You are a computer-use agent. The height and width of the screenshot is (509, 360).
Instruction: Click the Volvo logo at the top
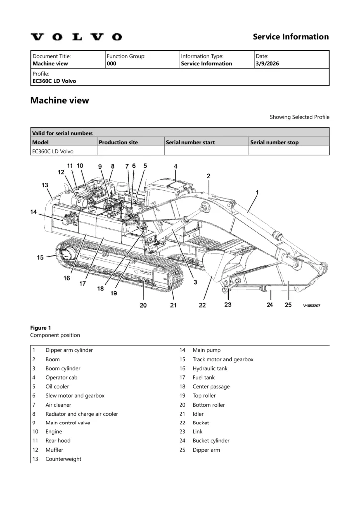[76, 37]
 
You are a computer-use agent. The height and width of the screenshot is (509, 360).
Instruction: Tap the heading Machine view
[60, 100]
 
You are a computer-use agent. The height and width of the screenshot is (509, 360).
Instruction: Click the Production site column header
[118, 142]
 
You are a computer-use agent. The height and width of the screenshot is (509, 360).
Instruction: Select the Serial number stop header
[274, 142]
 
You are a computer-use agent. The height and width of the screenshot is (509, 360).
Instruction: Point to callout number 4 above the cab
[175, 166]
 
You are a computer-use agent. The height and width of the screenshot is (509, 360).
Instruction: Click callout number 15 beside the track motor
[40, 257]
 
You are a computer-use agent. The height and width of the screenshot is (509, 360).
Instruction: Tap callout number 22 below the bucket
[202, 305]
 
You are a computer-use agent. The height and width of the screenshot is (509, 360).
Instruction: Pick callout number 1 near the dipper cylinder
[257, 192]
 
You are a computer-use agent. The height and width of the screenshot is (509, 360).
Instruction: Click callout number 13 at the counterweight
[45, 185]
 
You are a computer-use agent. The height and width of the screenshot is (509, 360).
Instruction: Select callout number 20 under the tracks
[143, 305]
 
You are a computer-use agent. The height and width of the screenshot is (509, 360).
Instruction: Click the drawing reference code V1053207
[312, 306]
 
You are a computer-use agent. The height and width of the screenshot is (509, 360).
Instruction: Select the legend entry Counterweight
[63, 459]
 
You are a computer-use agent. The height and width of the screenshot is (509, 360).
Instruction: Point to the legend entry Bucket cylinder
[211, 441]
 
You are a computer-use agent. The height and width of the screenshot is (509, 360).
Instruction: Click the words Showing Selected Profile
[299, 117]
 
